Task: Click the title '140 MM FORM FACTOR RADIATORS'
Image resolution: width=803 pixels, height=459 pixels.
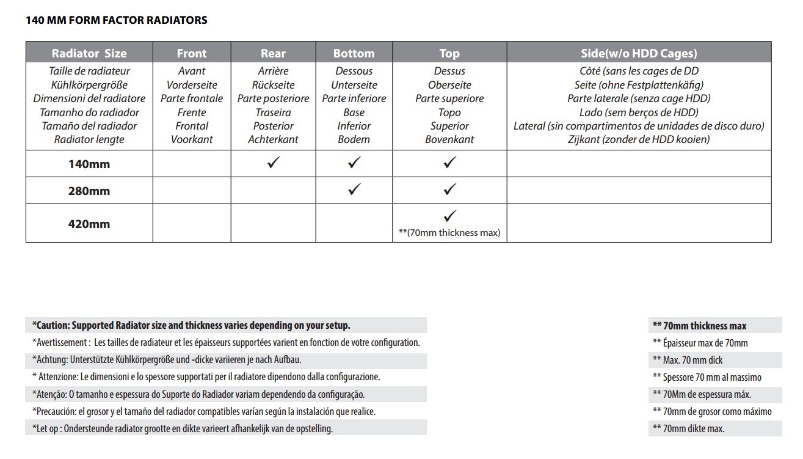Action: point(117,20)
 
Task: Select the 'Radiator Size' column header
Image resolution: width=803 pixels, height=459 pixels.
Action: point(89,53)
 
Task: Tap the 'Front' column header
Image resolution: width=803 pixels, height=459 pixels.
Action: point(192,53)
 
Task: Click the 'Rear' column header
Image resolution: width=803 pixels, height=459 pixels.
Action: point(273,53)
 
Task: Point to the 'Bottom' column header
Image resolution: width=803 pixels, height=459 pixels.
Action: point(354,53)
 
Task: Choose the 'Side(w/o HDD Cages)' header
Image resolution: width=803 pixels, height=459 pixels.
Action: point(639,53)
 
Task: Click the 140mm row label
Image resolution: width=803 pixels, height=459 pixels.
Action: point(89,164)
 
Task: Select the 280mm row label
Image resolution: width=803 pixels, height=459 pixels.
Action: point(89,191)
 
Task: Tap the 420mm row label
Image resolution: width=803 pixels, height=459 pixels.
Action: point(89,224)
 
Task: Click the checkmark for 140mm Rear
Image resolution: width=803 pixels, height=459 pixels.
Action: point(273,163)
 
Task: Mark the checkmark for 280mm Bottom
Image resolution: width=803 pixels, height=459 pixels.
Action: point(354,190)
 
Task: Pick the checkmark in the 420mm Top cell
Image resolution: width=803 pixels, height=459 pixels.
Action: point(449,216)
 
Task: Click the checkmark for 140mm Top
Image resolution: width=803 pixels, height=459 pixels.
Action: point(449,163)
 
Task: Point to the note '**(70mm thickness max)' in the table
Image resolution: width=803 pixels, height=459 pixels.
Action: point(449,233)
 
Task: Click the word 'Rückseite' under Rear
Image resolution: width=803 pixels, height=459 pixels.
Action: point(273,85)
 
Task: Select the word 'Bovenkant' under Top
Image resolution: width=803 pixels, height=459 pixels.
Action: point(449,139)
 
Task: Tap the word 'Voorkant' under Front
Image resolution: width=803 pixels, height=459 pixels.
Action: point(192,139)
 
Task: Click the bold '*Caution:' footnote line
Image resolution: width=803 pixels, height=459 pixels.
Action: point(191,326)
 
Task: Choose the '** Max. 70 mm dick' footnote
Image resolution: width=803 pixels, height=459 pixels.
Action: point(688,360)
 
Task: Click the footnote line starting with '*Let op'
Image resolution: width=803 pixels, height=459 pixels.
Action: point(183,428)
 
